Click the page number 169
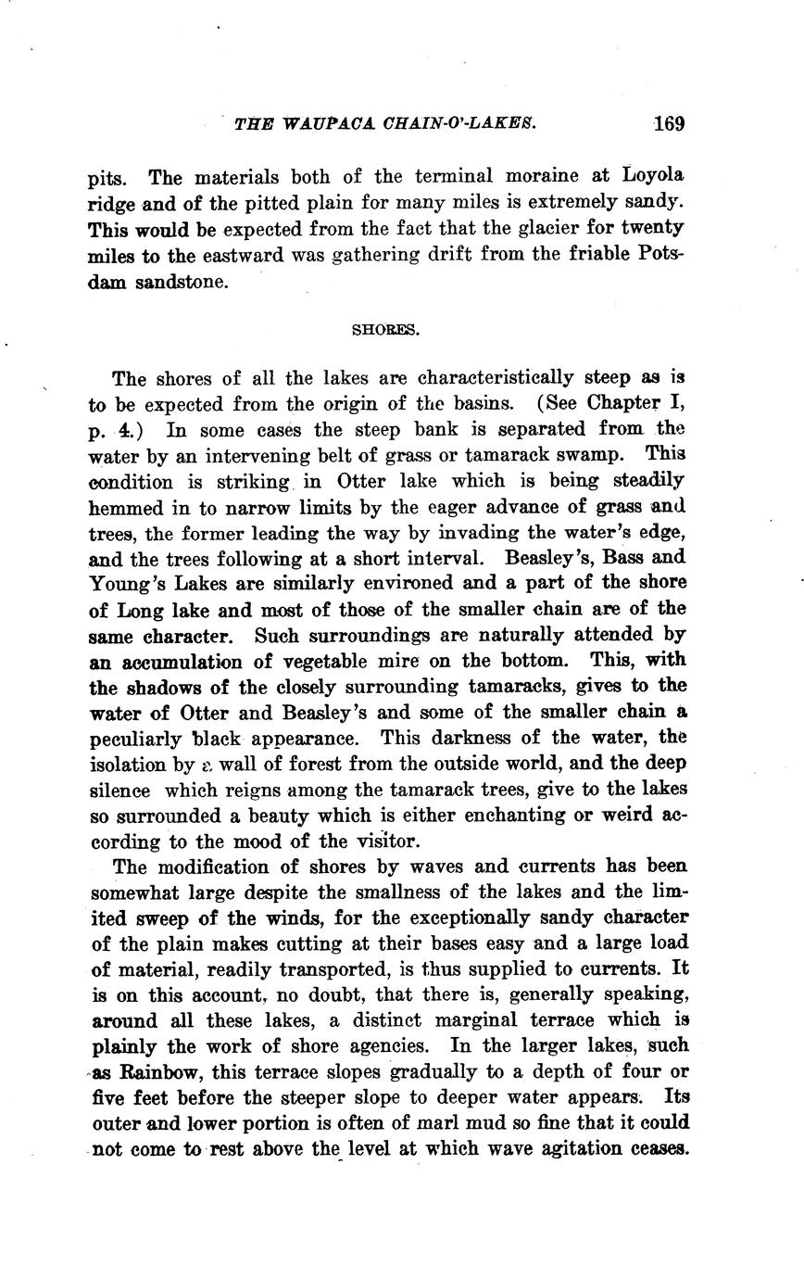pos(668,124)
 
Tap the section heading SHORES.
pos(385,328)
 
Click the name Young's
pos(123,584)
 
